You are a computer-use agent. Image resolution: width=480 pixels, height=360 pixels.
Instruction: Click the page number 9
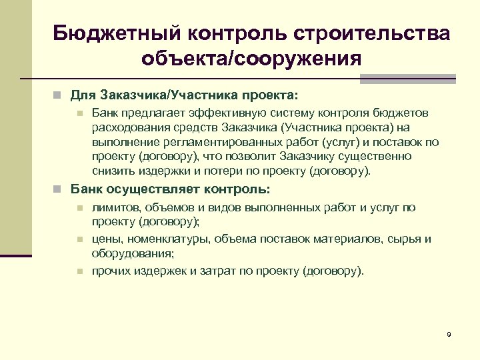coord(449,334)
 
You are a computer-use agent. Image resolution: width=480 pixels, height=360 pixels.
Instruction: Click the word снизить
coord(113,171)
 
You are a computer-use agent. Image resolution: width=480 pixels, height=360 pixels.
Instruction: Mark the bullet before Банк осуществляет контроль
coord(59,189)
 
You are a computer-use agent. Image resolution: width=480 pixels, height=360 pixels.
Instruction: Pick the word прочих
coord(111,271)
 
